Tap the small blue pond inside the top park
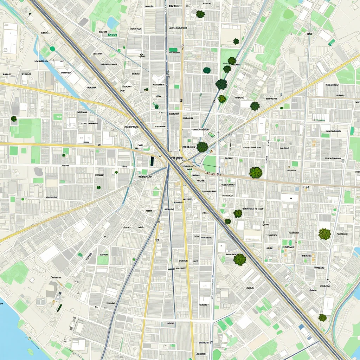[113, 23]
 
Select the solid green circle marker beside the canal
[53, 49]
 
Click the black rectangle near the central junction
[152, 161]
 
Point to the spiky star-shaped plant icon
[324, 234]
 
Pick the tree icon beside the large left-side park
[14, 119]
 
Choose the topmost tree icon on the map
[200, 14]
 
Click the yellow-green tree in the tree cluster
[222, 99]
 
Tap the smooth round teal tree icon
[207, 70]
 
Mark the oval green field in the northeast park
[289, 14]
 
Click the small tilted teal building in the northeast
[332, 43]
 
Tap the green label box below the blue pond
[112, 35]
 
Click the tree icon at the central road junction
[202, 147]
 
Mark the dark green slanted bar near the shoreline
[59, 308]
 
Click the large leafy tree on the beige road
[256, 172]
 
